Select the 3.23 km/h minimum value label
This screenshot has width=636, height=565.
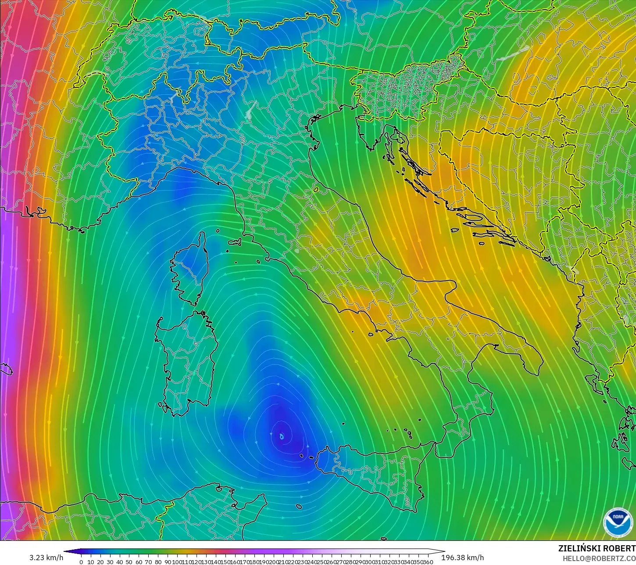pyautogui.click(x=46, y=558)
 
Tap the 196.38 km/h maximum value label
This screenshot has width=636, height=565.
pyautogui.click(x=462, y=558)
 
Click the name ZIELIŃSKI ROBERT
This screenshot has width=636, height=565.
pyautogui.click(x=597, y=548)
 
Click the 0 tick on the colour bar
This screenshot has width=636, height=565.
pyautogui.click(x=81, y=562)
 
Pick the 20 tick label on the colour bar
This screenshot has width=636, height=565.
pyautogui.click(x=100, y=562)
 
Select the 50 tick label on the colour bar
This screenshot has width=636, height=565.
pyautogui.click(x=129, y=562)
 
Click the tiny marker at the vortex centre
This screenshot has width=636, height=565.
pyautogui.click(x=282, y=436)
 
